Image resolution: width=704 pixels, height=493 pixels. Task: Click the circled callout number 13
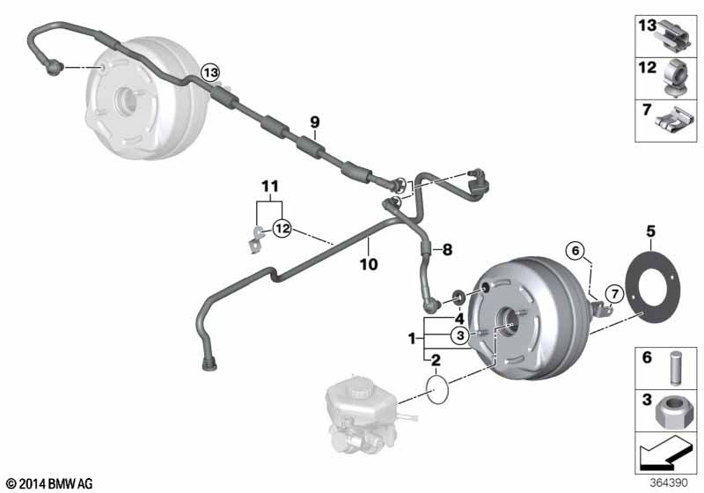[210, 72]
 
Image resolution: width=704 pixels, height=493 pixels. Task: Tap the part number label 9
[315, 121]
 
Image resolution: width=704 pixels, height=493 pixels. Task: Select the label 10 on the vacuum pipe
[369, 264]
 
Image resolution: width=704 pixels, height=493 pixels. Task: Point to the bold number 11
[270, 186]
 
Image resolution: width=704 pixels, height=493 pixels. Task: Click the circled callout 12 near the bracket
[282, 229]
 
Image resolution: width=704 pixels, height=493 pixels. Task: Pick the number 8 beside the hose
[447, 250]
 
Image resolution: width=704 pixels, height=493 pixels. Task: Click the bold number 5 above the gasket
[650, 232]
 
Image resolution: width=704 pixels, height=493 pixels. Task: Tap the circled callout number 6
[576, 251]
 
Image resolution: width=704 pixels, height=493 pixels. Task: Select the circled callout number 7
[614, 295]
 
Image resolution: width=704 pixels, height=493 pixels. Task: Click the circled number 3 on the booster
[460, 335]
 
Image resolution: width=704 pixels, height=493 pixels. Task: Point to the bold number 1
[412, 339]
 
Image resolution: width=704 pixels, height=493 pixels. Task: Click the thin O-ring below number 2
[437, 389]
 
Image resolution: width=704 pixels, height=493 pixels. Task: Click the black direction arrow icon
[665, 453]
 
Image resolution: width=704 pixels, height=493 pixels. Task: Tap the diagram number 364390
[669, 482]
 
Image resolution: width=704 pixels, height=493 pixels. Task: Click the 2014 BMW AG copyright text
[50, 483]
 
